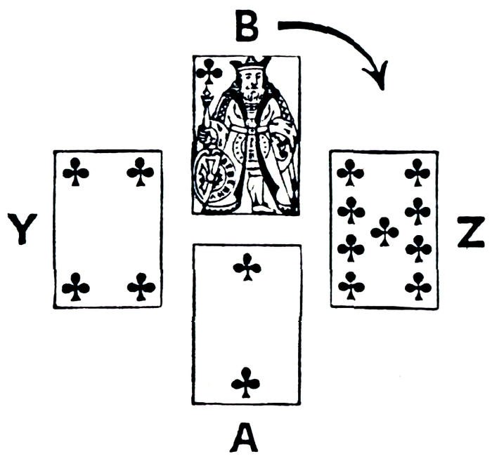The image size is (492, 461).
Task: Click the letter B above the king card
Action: click(x=246, y=27)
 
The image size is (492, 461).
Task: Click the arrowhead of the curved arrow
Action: click(x=380, y=78)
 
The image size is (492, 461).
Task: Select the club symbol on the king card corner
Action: click(x=209, y=70)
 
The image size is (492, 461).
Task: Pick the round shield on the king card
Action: click(x=210, y=175)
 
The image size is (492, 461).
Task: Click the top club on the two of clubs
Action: click(x=247, y=269)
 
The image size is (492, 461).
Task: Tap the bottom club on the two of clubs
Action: click(x=246, y=381)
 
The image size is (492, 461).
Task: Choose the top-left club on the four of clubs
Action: click(x=75, y=171)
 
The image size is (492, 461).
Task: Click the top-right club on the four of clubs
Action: click(x=141, y=171)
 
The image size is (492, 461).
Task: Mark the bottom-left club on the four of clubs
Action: click(x=75, y=286)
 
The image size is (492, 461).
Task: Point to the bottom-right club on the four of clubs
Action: click(x=141, y=286)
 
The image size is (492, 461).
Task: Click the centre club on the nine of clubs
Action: click(x=384, y=231)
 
